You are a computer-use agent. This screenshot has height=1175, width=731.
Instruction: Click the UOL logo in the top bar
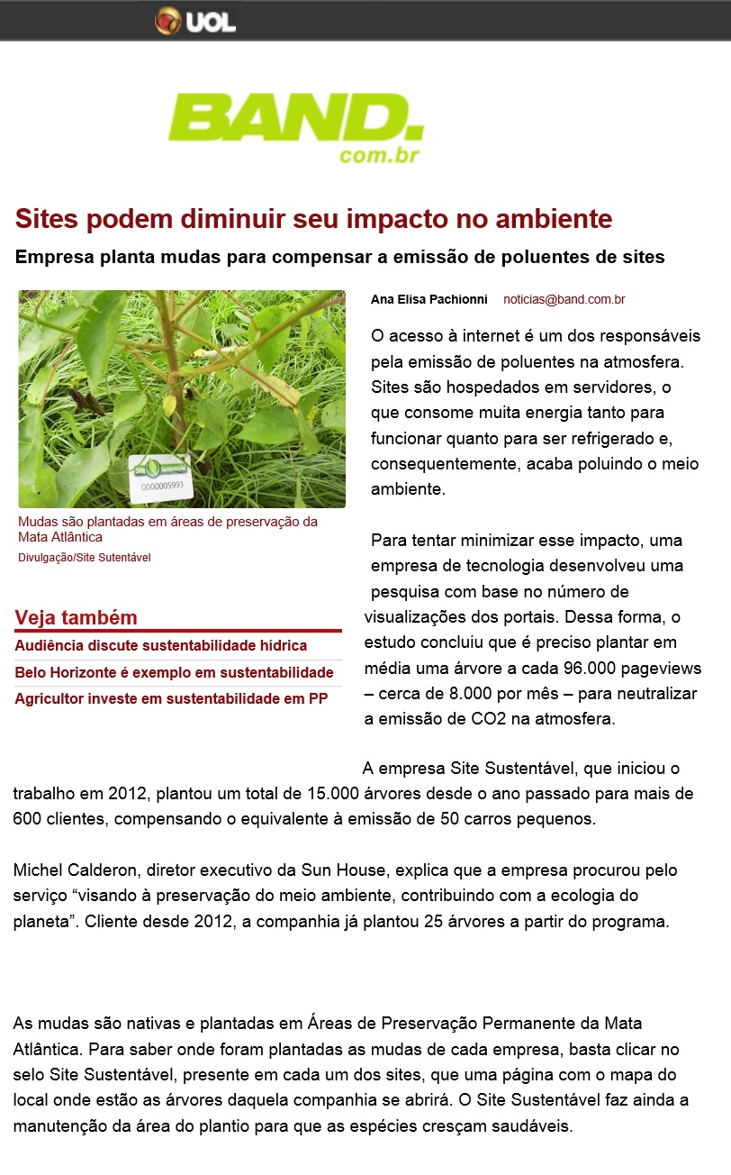pos(195,21)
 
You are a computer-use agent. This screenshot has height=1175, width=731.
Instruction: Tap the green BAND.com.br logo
pos(295,130)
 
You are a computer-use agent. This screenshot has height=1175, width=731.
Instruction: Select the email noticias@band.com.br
pos(564,299)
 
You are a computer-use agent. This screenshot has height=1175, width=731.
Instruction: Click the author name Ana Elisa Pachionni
pos(429,299)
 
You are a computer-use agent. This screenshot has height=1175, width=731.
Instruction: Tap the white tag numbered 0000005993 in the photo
pos(162,478)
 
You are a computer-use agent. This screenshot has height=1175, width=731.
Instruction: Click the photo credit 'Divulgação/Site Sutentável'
pos(85,558)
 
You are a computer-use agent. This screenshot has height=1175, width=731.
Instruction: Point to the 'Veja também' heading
pos(77,618)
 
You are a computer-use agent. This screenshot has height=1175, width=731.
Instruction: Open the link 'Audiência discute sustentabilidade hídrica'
pos(161,646)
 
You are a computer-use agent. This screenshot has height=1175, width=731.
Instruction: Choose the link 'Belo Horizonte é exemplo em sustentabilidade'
pos(174,673)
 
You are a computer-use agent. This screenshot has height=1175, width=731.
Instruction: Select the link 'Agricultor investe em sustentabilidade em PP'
pos(171,699)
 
